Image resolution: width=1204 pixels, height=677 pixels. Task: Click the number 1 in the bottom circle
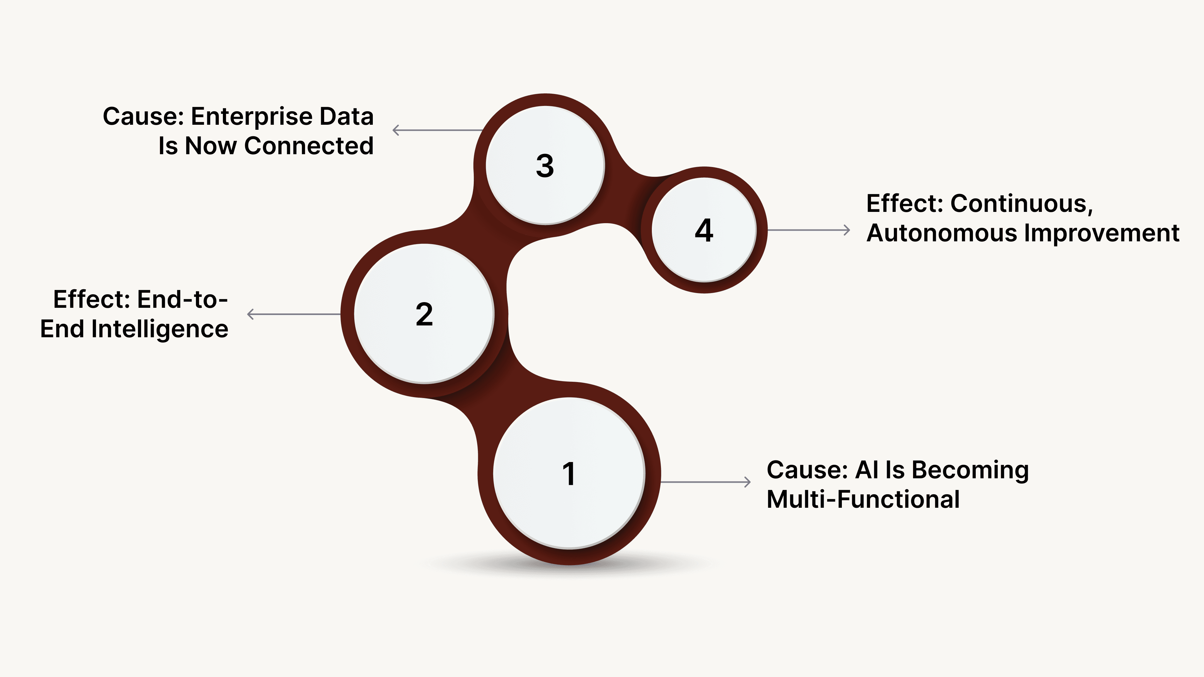[x=569, y=474]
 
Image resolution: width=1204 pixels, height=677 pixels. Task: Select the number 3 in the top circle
[x=545, y=166]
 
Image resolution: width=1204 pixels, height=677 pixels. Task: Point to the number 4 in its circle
[x=704, y=230]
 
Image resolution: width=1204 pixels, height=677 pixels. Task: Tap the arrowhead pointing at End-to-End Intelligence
[x=251, y=314]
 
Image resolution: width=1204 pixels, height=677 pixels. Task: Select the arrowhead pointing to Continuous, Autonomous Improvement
[x=847, y=230]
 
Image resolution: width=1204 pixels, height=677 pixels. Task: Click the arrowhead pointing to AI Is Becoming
[x=747, y=482]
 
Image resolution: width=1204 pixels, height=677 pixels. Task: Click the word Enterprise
[x=252, y=117]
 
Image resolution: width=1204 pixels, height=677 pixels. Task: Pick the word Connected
[x=309, y=146]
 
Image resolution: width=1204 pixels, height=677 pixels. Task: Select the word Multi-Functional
[x=863, y=499]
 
